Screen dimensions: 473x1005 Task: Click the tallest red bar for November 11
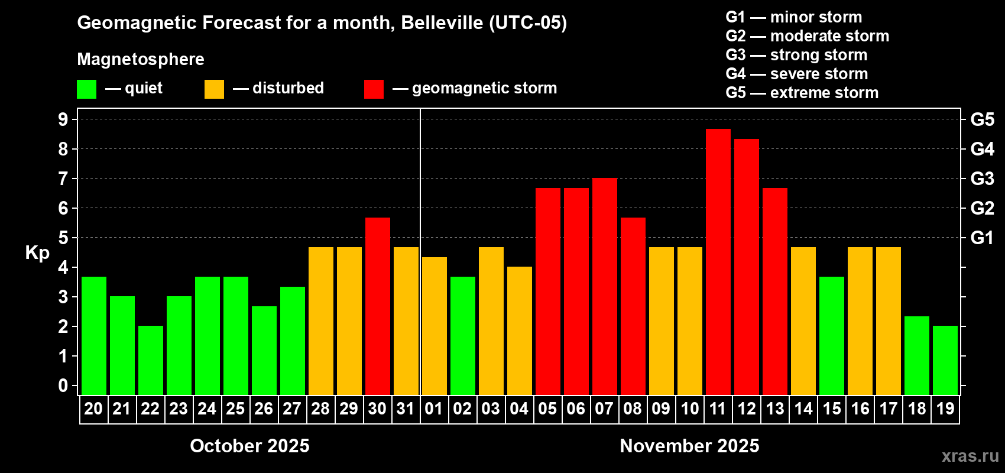click(x=718, y=261)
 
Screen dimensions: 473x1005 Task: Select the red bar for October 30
click(x=377, y=306)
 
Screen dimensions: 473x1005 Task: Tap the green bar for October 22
click(x=150, y=360)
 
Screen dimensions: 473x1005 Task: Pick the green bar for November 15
click(x=831, y=335)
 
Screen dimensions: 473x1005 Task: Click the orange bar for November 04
click(x=519, y=331)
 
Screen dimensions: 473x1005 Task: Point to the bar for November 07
click(x=604, y=286)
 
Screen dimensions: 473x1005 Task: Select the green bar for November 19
click(x=945, y=360)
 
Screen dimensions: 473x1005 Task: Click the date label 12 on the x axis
click(x=746, y=409)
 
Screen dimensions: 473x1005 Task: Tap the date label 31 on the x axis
click(x=406, y=409)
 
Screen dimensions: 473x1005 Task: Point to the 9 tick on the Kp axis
click(x=63, y=119)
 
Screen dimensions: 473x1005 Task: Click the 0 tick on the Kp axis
click(x=63, y=386)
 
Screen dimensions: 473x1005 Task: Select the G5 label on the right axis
click(x=982, y=119)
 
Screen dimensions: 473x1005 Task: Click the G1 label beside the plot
click(x=982, y=238)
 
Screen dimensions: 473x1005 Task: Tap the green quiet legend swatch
click(x=86, y=89)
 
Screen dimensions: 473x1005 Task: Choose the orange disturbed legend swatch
click(x=214, y=89)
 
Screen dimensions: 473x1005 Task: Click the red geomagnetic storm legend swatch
click(x=374, y=89)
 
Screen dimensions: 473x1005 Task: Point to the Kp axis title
click(x=37, y=252)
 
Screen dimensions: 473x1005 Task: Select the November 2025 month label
click(x=689, y=446)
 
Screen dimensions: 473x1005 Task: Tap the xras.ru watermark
click(x=970, y=456)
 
